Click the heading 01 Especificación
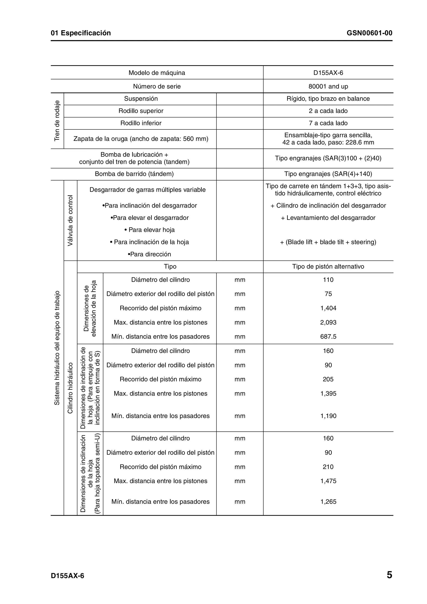(81, 33)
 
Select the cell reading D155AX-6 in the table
(328, 73)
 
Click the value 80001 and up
(328, 86)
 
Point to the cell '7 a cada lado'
(328, 123)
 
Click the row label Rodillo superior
(141, 111)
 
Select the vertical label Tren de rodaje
(57, 121)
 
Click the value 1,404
(328, 308)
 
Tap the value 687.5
(328, 336)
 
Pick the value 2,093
(328, 322)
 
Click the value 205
(328, 379)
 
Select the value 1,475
(328, 481)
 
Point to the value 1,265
(328, 502)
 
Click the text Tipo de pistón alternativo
(328, 267)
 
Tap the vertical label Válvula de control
(70, 221)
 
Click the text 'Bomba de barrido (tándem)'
(134, 174)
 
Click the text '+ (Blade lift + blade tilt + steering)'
(328, 242)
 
